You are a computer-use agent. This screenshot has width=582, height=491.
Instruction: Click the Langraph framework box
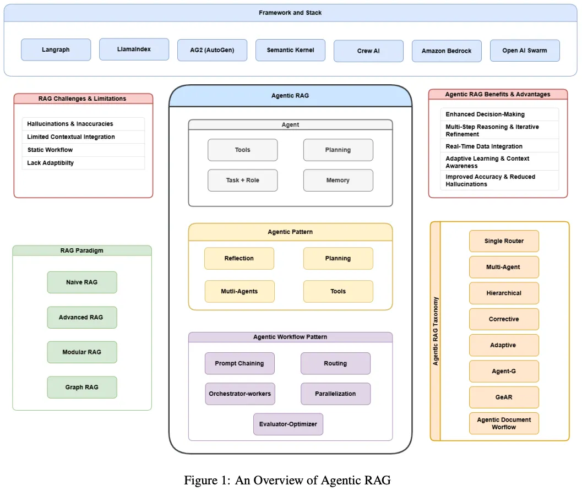56,50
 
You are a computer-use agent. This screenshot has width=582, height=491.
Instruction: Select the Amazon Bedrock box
447,51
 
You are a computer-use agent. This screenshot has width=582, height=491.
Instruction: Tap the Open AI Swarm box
525,50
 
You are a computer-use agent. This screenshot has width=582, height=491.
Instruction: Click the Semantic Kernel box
290,50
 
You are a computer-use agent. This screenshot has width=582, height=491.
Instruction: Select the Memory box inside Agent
338,180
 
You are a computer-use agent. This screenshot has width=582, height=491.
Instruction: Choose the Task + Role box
242,180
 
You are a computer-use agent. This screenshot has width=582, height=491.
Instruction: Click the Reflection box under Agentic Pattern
239,258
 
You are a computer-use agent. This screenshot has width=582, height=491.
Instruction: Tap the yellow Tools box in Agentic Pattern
338,291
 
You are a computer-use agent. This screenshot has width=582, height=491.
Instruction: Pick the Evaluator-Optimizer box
288,424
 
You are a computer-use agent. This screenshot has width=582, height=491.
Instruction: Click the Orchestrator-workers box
240,394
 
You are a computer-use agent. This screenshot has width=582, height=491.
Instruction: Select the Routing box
335,363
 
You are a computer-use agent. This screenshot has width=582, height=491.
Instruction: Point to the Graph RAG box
82,387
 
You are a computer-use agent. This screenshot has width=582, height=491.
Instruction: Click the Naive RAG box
82,282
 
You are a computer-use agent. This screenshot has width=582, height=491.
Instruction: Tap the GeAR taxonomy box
504,397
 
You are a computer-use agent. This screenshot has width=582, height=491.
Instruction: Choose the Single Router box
504,241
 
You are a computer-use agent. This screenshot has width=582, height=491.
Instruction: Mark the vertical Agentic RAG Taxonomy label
436,331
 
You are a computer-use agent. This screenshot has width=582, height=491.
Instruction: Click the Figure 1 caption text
287,480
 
